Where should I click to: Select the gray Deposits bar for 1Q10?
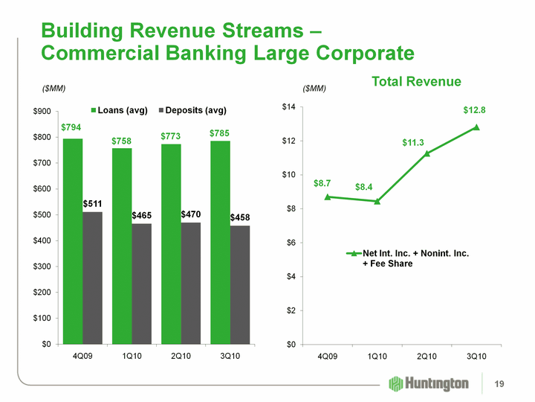point(141,284)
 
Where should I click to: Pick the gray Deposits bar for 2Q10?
point(190,283)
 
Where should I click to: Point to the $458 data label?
point(239,218)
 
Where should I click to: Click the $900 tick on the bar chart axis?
point(41,112)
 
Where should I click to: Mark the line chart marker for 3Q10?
point(476,127)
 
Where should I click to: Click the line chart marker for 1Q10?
point(377,201)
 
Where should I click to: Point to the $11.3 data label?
point(414,141)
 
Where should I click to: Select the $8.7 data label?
point(322,182)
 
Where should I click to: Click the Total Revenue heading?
point(416,81)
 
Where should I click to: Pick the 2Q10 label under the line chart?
point(427,357)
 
